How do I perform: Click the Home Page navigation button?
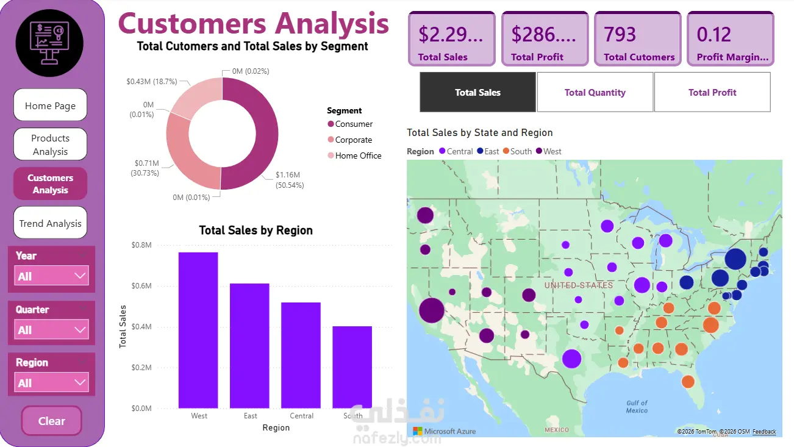(x=50, y=105)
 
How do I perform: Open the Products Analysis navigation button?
(x=50, y=145)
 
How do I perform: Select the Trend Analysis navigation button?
(x=50, y=223)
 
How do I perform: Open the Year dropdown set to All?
(x=51, y=276)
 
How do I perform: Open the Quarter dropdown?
(x=51, y=329)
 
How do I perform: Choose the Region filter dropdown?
(x=51, y=382)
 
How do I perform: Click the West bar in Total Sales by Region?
(x=198, y=330)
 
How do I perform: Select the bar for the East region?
(x=249, y=345)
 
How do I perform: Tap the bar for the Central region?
(x=301, y=355)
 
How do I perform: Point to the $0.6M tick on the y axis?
(x=141, y=286)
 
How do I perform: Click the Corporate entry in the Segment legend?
(x=353, y=140)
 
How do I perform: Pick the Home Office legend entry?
(x=358, y=156)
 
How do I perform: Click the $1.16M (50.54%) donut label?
(x=290, y=180)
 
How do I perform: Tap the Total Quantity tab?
(x=595, y=93)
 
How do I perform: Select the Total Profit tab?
(x=712, y=93)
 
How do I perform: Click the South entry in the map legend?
(x=521, y=151)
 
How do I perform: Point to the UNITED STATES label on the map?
(x=578, y=285)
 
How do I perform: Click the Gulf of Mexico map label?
(x=637, y=407)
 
